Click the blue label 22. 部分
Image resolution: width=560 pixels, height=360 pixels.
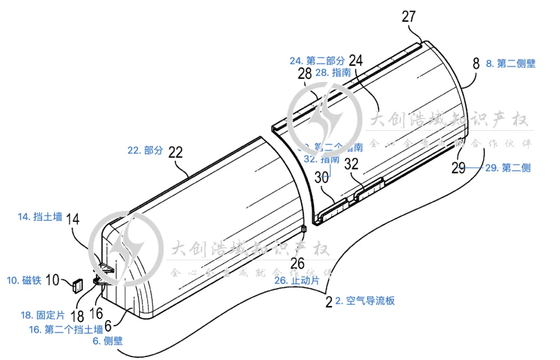click(145, 150)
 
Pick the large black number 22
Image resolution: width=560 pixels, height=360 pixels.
click(176, 153)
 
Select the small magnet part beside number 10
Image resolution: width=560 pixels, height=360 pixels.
click(78, 285)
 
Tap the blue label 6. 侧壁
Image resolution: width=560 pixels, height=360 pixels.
click(108, 340)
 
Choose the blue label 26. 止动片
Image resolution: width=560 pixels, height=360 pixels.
click(296, 280)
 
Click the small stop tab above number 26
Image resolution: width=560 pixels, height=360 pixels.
click(304, 229)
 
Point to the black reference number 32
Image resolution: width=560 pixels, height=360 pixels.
click(352, 165)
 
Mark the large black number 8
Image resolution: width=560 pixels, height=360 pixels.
click(476, 64)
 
